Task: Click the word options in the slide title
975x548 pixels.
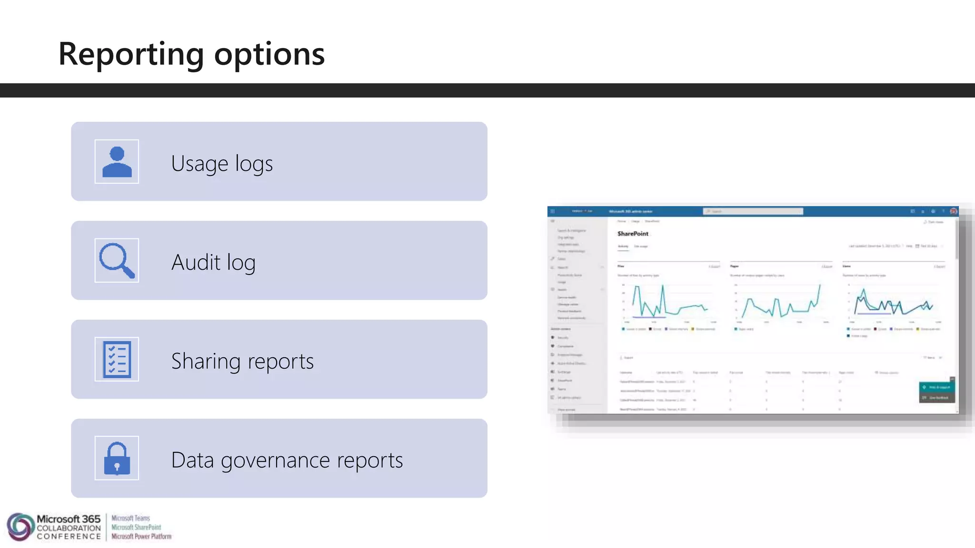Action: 269,54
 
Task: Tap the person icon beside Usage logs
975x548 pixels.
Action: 117,162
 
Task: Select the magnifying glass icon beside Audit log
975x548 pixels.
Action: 117,261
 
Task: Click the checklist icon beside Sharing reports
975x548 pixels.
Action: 117,360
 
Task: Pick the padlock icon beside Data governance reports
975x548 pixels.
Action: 117,459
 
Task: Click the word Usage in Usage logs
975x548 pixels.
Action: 199,164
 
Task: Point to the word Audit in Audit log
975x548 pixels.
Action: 196,262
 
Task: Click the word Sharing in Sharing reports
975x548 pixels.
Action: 206,362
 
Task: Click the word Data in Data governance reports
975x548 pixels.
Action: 192,460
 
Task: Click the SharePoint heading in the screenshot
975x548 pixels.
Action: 633,234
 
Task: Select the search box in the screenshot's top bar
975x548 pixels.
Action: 753,211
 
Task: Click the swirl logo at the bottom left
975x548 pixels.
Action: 20,527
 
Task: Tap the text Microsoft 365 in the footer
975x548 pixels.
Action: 69,519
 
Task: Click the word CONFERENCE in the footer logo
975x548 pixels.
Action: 69,537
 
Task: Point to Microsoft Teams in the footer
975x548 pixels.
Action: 130,518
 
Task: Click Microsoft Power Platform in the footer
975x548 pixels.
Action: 141,537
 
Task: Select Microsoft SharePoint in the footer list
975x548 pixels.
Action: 136,527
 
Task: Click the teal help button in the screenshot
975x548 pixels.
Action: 936,387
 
